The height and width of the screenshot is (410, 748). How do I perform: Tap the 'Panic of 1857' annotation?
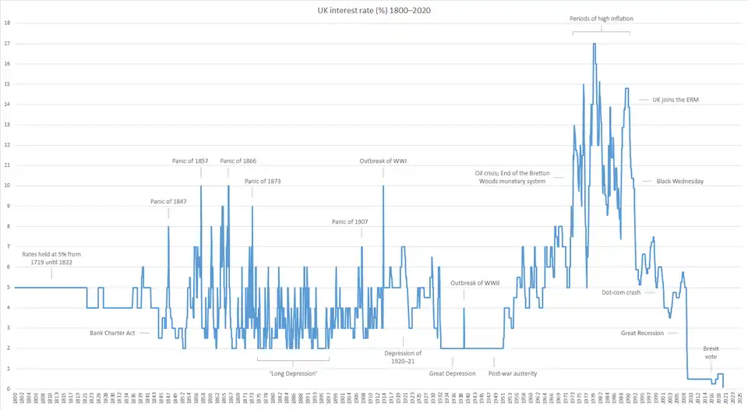coord(190,161)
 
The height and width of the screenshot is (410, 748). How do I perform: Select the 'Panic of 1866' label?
coord(238,161)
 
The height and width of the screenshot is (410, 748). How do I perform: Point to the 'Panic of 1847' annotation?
coord(168,202)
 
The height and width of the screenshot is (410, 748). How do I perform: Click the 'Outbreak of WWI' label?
coord(383,161)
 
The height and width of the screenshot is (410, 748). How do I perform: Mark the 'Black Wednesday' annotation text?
coord(675,182)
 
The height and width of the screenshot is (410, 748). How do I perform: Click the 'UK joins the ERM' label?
coord(675,100)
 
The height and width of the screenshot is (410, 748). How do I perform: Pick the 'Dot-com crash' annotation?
coord(621,293)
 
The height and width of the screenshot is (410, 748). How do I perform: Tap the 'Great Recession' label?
coord(642,334)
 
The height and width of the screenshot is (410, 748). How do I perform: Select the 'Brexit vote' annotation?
coord(711,353)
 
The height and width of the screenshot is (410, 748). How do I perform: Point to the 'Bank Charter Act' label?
coord(113,333)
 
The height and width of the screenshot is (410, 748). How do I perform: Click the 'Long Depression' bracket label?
coord(293,373)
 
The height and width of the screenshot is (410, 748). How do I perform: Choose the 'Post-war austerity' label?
coord(513,373)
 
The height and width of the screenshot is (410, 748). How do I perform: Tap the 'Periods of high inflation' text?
coord(602,18)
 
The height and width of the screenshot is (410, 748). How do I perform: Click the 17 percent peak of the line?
coord(595,44)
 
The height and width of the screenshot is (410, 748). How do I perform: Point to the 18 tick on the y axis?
coord(7,23)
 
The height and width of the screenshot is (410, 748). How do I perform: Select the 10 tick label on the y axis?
coord(7,186)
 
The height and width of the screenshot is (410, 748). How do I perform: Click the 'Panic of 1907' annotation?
coord(350,222)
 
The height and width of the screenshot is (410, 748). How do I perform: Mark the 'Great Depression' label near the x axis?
coord(452,373)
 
